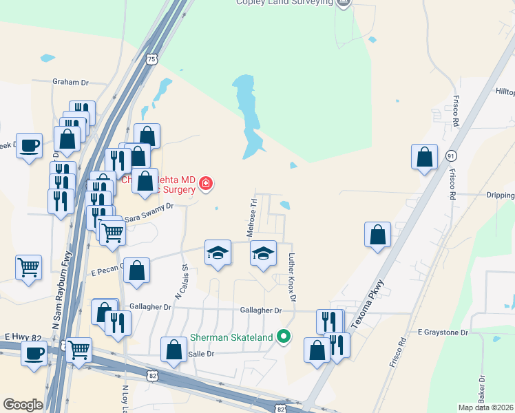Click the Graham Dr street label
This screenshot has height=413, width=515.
tap(71, 82)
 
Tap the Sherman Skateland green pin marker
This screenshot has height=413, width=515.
tap(282, 337)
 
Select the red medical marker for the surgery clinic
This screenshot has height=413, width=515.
tap(205, 183)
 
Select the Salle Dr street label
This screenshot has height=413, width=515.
tap(202, 353)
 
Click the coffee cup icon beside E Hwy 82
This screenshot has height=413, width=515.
tap(33, 354)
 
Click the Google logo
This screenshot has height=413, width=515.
tap(23, 405)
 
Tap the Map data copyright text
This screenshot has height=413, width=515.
tap(485, 407)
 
